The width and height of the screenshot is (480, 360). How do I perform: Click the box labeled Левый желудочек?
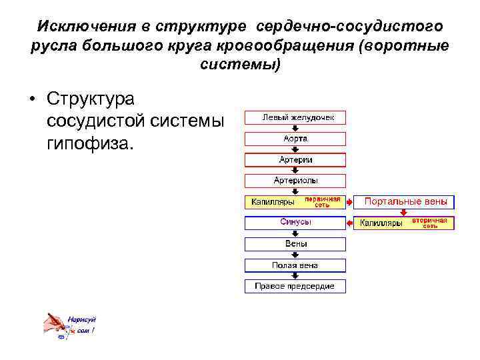pos(295,118)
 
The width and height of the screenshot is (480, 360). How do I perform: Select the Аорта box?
pos(295,139)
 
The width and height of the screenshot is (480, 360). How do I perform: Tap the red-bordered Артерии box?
pos(295,160)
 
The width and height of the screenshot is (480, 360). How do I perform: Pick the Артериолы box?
pos(295,181)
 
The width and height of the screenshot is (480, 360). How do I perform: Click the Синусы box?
pos(295,223)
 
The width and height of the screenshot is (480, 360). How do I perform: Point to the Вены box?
pos(295,244)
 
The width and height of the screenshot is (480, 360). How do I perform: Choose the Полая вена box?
pos(295,265)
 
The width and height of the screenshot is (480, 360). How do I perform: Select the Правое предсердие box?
pos(295,287)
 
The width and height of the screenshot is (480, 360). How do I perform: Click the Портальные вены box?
pos(405,201)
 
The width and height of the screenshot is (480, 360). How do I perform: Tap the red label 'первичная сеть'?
pos(323,202)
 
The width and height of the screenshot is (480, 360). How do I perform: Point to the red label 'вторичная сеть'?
pos(429,223)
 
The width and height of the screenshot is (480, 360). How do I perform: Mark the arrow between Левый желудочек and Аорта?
pos(295,128)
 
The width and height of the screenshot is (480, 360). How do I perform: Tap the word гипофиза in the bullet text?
pos(90,142)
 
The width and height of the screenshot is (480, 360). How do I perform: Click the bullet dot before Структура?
pos(31,101)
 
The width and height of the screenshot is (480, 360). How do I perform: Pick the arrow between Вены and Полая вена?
pos(295,255)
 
